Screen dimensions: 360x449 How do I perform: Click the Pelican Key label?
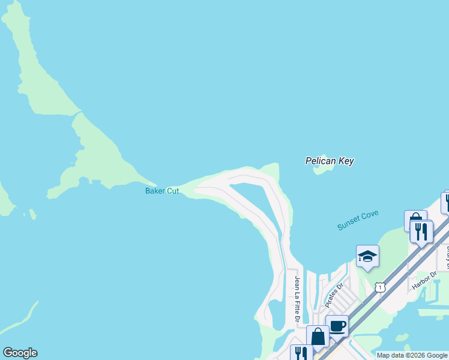click(330, 161)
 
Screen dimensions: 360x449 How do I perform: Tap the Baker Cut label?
click(162, 191)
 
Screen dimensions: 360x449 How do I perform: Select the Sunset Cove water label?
click(358, 220)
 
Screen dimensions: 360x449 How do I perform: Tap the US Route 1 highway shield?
click(380, 288)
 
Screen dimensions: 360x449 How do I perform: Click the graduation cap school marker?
click(367, 257)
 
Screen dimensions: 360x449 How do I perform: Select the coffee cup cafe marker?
click(337, 326)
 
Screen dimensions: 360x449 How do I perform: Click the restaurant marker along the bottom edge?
click(301, 353)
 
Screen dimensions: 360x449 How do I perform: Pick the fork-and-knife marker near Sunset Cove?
click(421, 231)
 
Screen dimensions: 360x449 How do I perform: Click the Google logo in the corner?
click(20, 353)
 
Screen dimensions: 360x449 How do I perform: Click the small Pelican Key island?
click(324, 169)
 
